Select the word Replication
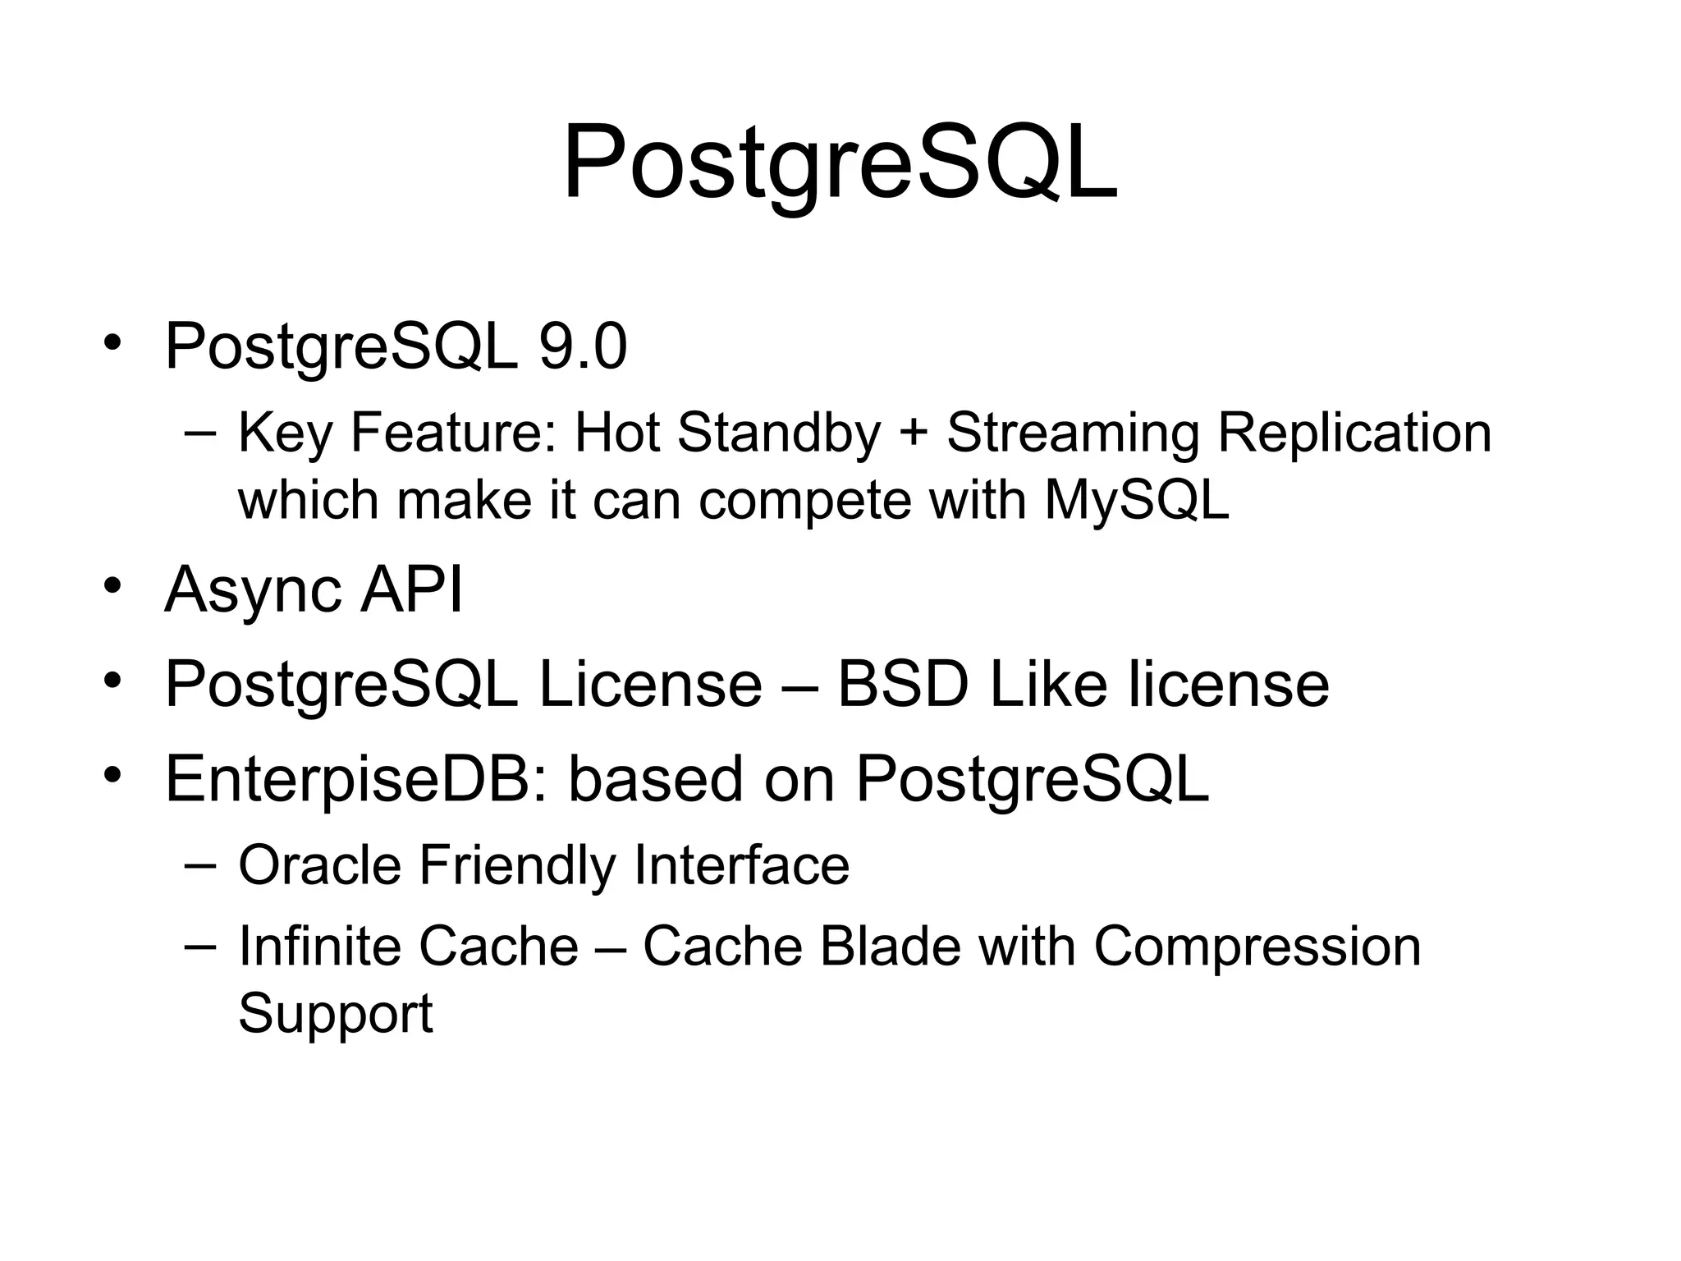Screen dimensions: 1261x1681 (x=1354, y=433)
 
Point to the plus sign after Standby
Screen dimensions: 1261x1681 (x=914, y=435)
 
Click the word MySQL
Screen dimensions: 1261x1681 (x=1137, y=501)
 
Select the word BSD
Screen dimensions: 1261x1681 (x=903, y=685)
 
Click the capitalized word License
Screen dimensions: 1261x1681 (x=650, y=685)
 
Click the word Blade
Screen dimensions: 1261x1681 (x=890, y=947)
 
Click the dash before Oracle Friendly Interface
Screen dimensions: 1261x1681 (x=200, y=864)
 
